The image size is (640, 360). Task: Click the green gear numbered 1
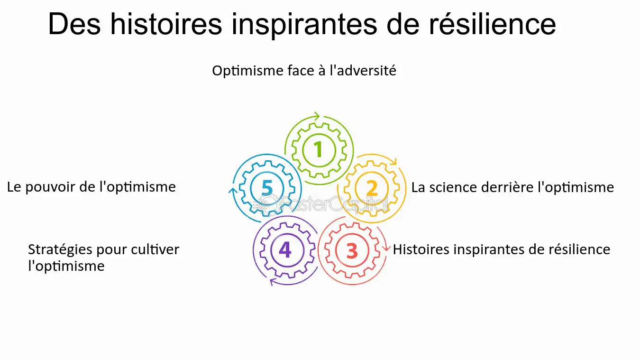click(x=319, y=149)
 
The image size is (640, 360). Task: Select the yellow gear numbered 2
click(x=372, y=188)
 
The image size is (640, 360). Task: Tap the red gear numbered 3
click(x=351, y=250)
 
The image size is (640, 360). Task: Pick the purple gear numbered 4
click(x=285, y=249)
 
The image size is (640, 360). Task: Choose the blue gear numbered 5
click(x=267, y=188)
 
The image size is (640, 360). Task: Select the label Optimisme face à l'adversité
click(x=304, y=71)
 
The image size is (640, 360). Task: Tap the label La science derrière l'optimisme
click(x=512, y=187)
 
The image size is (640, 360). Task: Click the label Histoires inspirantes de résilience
click(x=502, y=249)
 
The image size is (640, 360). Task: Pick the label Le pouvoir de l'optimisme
click(x=91, y=187)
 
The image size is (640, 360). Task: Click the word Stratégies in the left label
click(x=60, y=249)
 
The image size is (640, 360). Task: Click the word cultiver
click(x=156, y=249)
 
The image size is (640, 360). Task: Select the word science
click(x=454, y=187)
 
